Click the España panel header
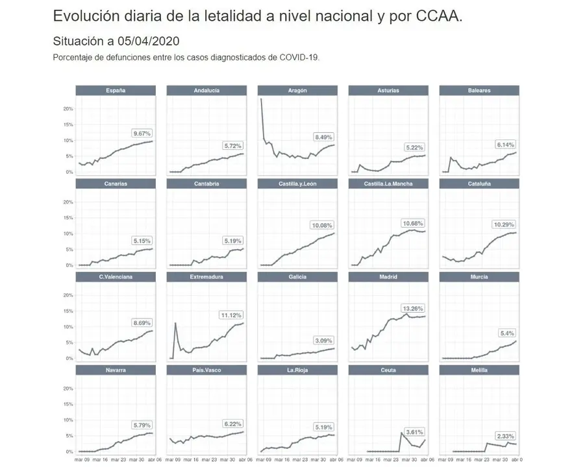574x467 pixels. click(x=116, y=90)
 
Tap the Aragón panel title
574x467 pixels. click(x=297, y=90)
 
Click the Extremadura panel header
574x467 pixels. click(x=206, y=277)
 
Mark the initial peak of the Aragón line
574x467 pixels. click(x=261, y=99)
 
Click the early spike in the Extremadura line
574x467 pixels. click(x=175, y=323)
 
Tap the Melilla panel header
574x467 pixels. click(x=479, y=370)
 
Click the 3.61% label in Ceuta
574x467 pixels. click(x=414, y=431)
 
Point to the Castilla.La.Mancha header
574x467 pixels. click(x=388, y=184)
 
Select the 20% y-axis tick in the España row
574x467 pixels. click(x=68, y=108)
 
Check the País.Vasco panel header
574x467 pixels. click(x=206, y=370)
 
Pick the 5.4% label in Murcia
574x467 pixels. click(x=507, y=333)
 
